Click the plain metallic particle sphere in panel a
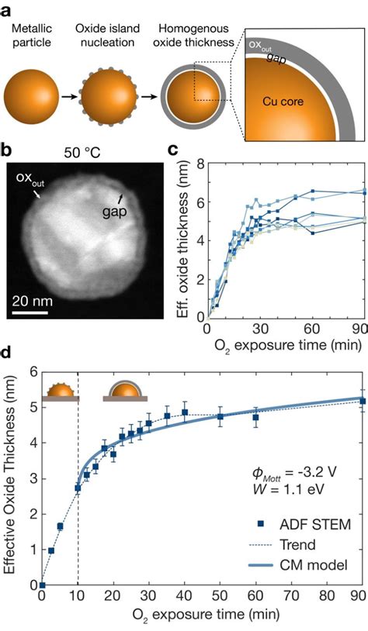tap(31, 98)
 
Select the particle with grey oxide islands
tap(109, 98)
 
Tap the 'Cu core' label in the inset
tap(283, 102)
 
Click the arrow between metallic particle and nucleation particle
tap(69, 98)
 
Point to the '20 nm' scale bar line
tap(30, 312)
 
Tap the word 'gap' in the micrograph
tap(114, 212)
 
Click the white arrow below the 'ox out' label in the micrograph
tap(37, 195)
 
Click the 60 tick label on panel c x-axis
tap(312, 329)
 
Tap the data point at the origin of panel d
tap(43, 584)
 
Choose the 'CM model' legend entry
tap(298, 565)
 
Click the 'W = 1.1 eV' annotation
tap(285, 490)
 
